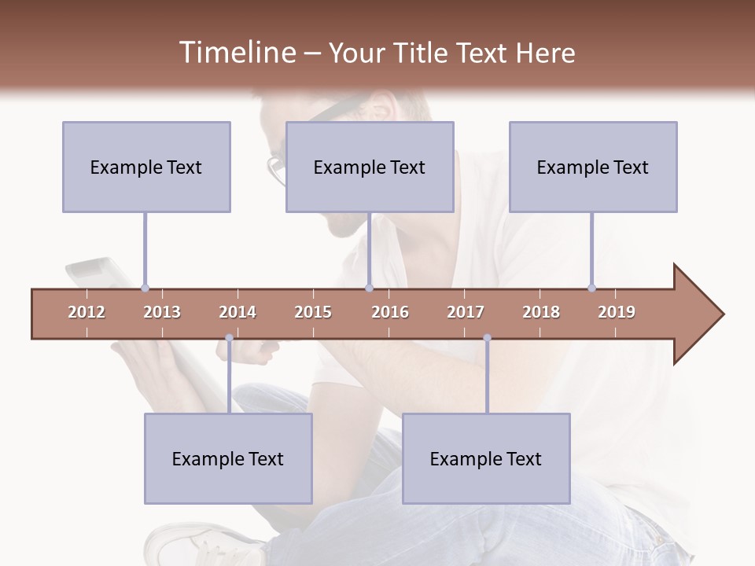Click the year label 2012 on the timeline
click(87, 312)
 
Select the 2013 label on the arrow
click(162, 312)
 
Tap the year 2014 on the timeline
click(238, 312)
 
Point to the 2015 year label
click(313, 312)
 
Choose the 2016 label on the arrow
click(390, 312)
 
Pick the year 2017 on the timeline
click(466, 312)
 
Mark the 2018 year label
click(541, 312)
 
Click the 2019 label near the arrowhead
click(617, 312)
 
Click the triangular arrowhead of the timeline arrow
click(697, 314)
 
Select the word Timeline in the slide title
click(236, 53)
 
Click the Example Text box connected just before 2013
click(146, 167)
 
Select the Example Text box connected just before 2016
click(370, 167)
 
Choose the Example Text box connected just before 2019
click(593, 167)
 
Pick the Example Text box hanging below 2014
click(228, 458)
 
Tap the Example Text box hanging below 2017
click(486, 458)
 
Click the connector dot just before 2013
click(145, 288)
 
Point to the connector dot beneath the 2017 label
click(487, 338)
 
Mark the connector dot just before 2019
click(591, 288)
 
